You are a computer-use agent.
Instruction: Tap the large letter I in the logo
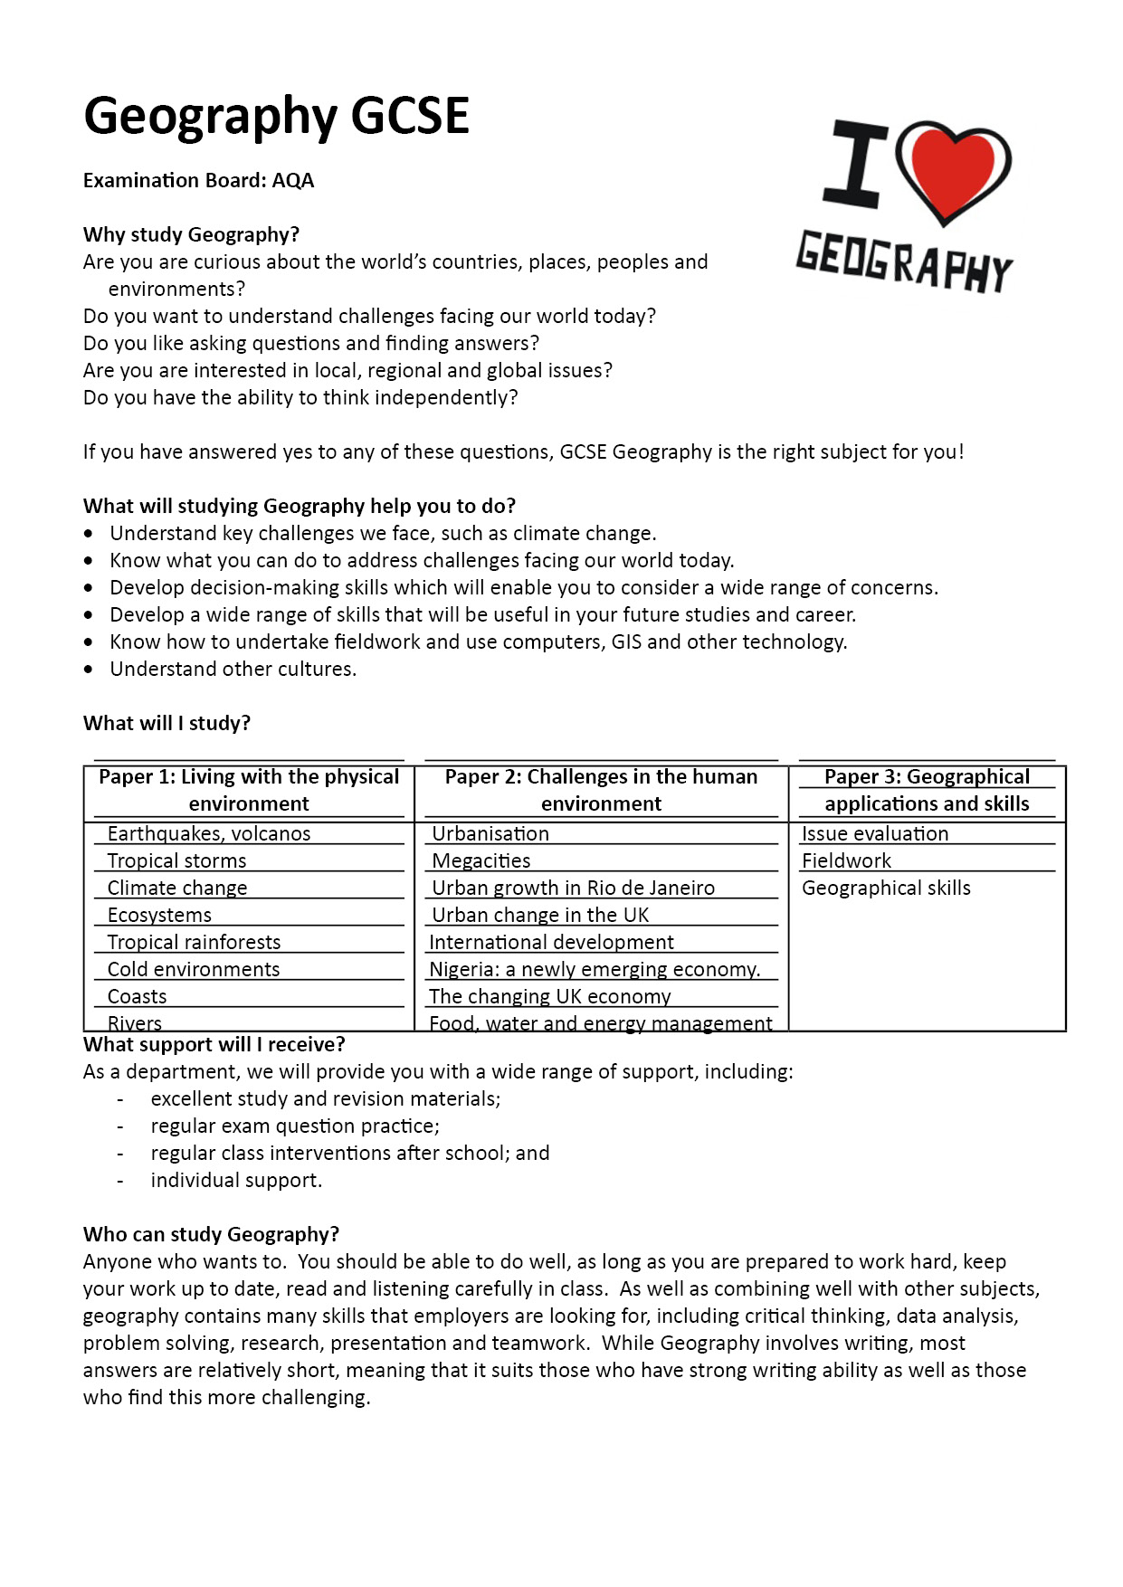point(856,164)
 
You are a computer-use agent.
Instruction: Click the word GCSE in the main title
point(410,116)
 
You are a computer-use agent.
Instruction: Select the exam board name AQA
point(293,181)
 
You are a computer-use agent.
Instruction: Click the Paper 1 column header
point(249,790)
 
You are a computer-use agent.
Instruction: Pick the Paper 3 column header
point(927,790)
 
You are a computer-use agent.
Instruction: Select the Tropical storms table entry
point(177,860)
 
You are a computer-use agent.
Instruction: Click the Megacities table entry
point(481,860)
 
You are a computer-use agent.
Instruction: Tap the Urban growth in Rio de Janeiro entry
point(574,888)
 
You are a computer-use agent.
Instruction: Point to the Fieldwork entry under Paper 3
point(846,860)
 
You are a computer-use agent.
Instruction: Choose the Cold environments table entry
point(194,969)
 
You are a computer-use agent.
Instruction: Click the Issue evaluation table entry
point(875,833)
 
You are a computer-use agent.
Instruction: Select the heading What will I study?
point(167,723)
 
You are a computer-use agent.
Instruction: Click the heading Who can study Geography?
point(211,1234)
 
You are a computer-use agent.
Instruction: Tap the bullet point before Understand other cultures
point(88,670)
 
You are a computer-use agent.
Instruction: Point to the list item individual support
point(236,1180)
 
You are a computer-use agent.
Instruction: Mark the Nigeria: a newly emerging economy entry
point(595,969)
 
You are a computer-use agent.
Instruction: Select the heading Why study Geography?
point(191,234)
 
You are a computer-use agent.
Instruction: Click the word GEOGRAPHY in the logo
point(904,262)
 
